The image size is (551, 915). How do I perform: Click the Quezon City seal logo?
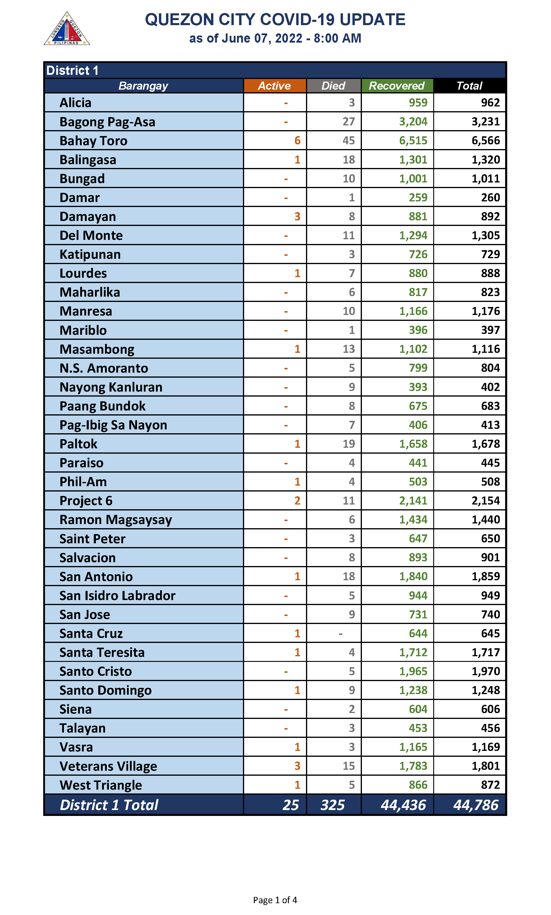click(67, 29)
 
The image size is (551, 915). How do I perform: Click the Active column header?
click(274, 86)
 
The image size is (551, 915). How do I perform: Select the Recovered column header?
click(397, 86)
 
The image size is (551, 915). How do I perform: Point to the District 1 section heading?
click(72, 70)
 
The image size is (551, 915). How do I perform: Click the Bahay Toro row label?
click(94, 141)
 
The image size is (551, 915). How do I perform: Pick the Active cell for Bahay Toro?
click(297, 141)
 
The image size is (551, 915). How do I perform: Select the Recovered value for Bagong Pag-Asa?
click(413, 122)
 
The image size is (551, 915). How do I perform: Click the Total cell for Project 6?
click(486, 501)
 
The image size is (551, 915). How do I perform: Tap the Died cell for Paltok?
click(348, 444)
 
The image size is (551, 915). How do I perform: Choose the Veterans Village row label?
click(108, 766)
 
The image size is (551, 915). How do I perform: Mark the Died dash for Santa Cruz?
click(341, 634)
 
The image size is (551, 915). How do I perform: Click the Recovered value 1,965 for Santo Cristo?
click(413, 671)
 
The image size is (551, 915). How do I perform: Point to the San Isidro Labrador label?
click(117, 596)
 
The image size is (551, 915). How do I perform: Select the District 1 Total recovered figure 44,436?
click(403, 805)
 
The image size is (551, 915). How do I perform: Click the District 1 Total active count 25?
click(290, 805)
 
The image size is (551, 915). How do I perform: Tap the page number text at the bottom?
click(275, 900)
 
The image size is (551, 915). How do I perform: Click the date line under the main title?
click(275, 38)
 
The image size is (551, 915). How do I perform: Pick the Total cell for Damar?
click(490, 197)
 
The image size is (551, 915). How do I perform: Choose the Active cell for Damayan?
click(297, 216)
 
